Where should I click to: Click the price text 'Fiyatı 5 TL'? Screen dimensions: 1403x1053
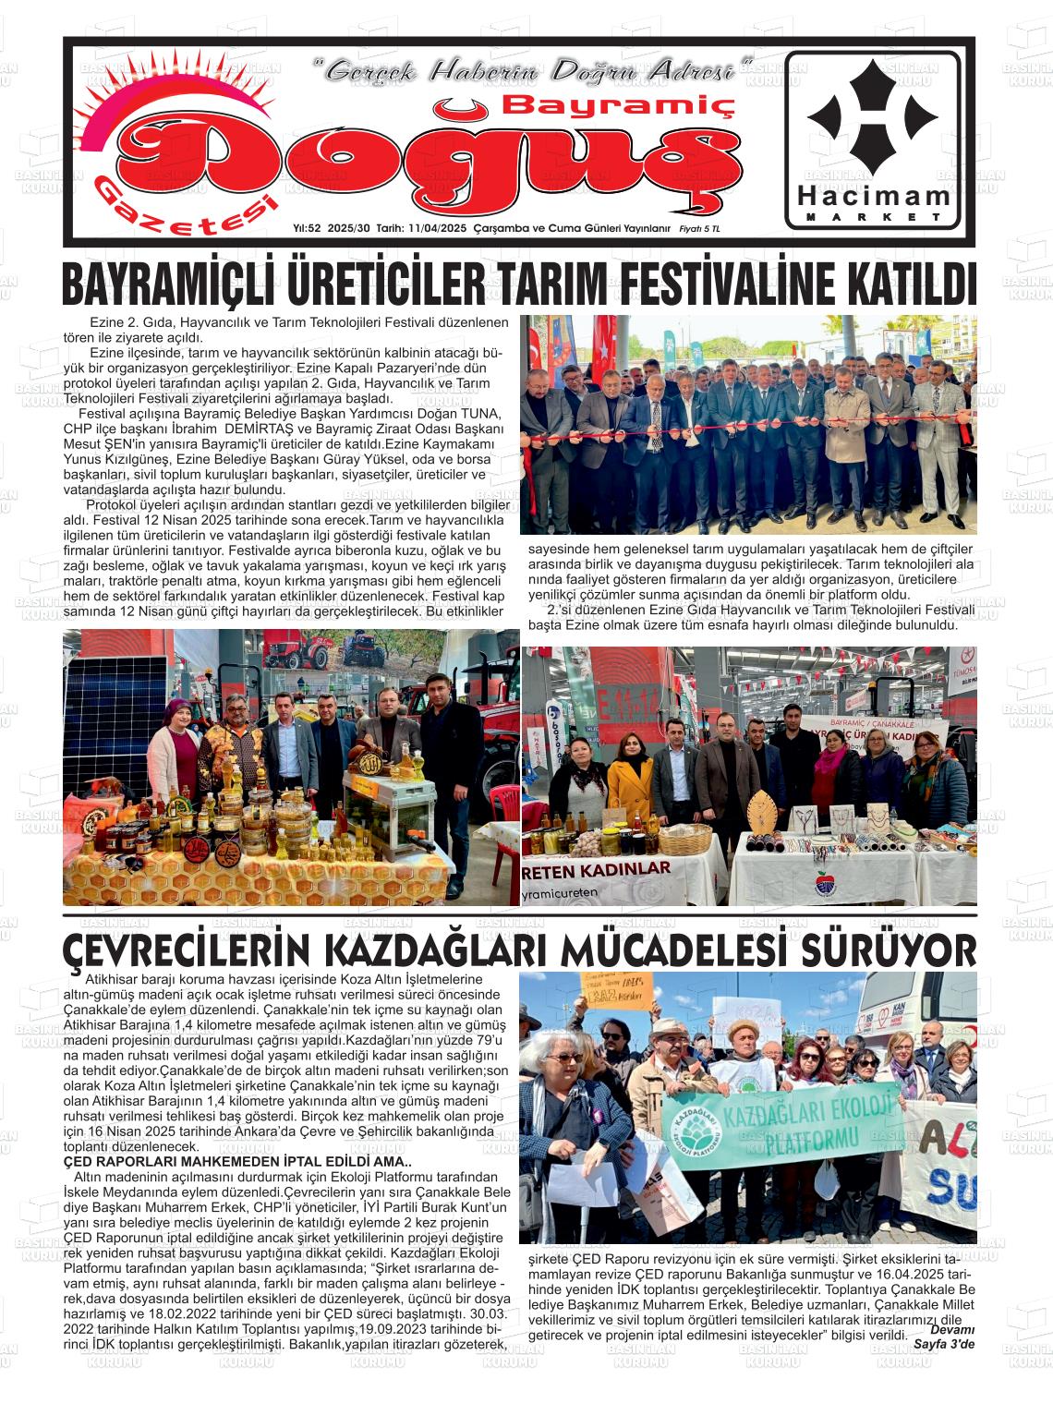[x=700, y=228]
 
